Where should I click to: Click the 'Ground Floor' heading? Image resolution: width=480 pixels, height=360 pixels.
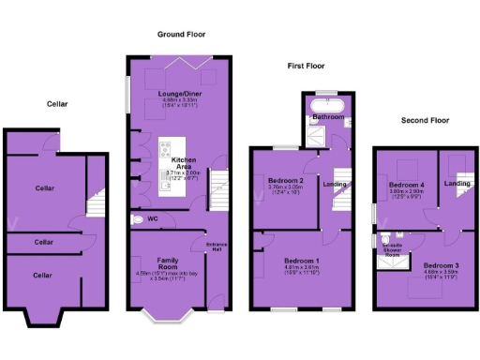(181, 34)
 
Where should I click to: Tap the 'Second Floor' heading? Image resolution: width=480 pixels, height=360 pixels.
(425, 120)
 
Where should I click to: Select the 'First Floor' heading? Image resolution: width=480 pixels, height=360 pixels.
(307, 66)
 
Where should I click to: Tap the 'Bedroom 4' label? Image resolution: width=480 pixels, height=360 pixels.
(406, 185)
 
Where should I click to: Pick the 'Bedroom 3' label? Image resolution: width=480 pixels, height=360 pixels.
(440, 265)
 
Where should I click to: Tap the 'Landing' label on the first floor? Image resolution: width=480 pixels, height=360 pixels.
(336, 184)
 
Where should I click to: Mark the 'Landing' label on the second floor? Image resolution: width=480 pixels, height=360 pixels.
(457, 183)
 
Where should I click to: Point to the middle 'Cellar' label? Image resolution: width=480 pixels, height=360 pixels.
(44, 242)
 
